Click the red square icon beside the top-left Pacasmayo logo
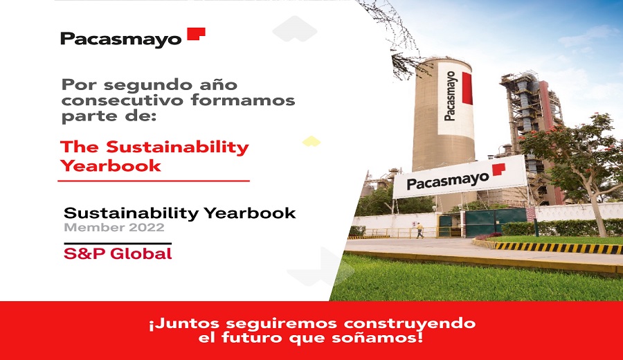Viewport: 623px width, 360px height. coord(197,34)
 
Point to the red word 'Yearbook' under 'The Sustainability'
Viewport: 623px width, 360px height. coord(111,165)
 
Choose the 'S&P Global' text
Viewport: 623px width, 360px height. coord(118,253)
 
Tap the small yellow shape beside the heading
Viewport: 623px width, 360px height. coord(311,141)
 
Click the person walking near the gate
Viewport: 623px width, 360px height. coord(419,231)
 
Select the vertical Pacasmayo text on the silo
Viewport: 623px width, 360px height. coord(450,96)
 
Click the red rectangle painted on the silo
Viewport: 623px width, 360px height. coord(467,88)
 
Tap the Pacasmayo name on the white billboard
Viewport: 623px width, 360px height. coord(448,181)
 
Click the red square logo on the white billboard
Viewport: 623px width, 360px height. coord(498,169)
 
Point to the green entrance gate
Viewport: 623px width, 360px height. coord(483,222)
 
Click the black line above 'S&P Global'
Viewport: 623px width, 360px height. coord(118,243)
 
